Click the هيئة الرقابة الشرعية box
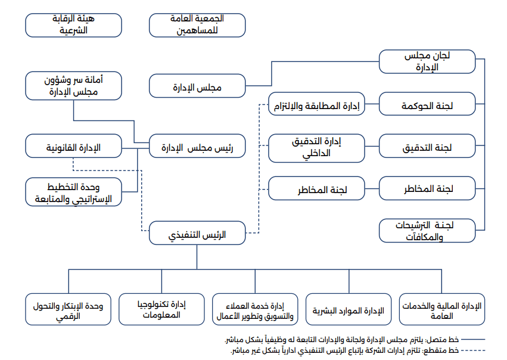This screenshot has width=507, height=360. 73,25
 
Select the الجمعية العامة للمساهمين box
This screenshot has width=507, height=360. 197,25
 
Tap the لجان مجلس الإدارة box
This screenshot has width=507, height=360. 427,61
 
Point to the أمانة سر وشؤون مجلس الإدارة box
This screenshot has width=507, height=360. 73,86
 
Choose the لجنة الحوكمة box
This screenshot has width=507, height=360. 427,104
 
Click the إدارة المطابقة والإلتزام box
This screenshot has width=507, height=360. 316,104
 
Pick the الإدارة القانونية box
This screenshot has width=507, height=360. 73,146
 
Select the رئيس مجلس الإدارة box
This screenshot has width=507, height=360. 197,146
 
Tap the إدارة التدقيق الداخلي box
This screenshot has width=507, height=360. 316,148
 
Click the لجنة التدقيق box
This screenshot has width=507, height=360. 427,146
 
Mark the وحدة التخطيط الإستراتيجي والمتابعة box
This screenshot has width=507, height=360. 73,192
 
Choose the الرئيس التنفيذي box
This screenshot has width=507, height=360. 197,233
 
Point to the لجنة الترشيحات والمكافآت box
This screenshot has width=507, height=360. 427,231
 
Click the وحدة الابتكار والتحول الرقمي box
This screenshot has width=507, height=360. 69,309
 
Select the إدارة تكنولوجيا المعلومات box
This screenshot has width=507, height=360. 161,309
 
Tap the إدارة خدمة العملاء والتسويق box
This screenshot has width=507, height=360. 255,309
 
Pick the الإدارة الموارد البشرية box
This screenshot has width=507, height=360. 349,309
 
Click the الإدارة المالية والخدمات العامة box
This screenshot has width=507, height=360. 442,309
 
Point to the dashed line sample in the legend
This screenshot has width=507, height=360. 473,350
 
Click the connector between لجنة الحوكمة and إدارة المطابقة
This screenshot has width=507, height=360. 372,104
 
